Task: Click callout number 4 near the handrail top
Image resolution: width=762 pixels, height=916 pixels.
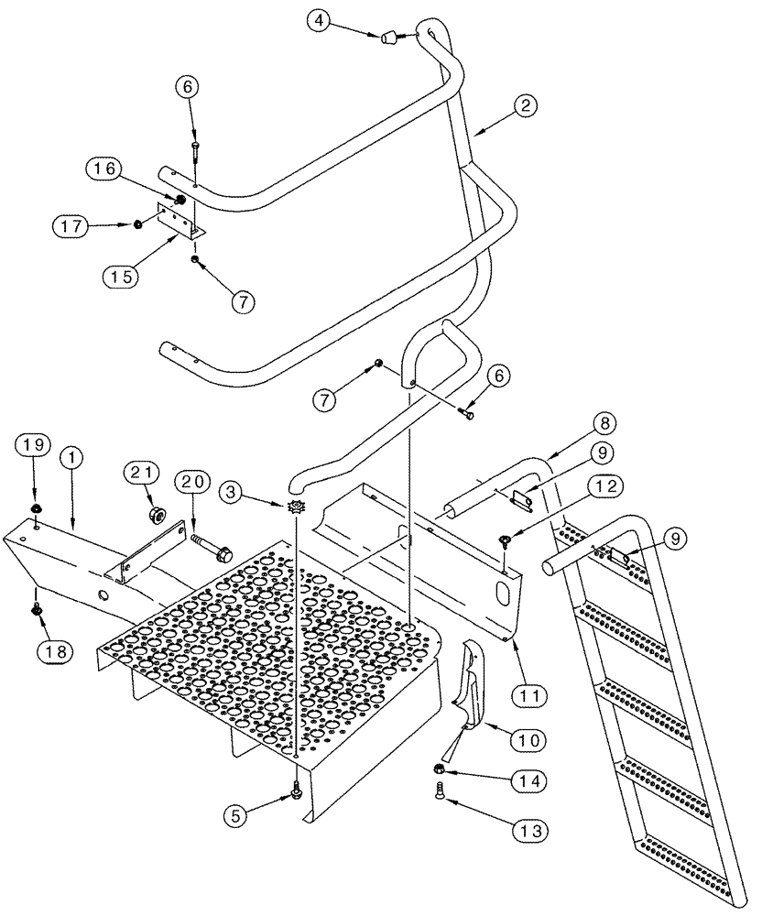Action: [x=317, y=19]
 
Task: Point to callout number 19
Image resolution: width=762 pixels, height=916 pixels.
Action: [x=31, y=445]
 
